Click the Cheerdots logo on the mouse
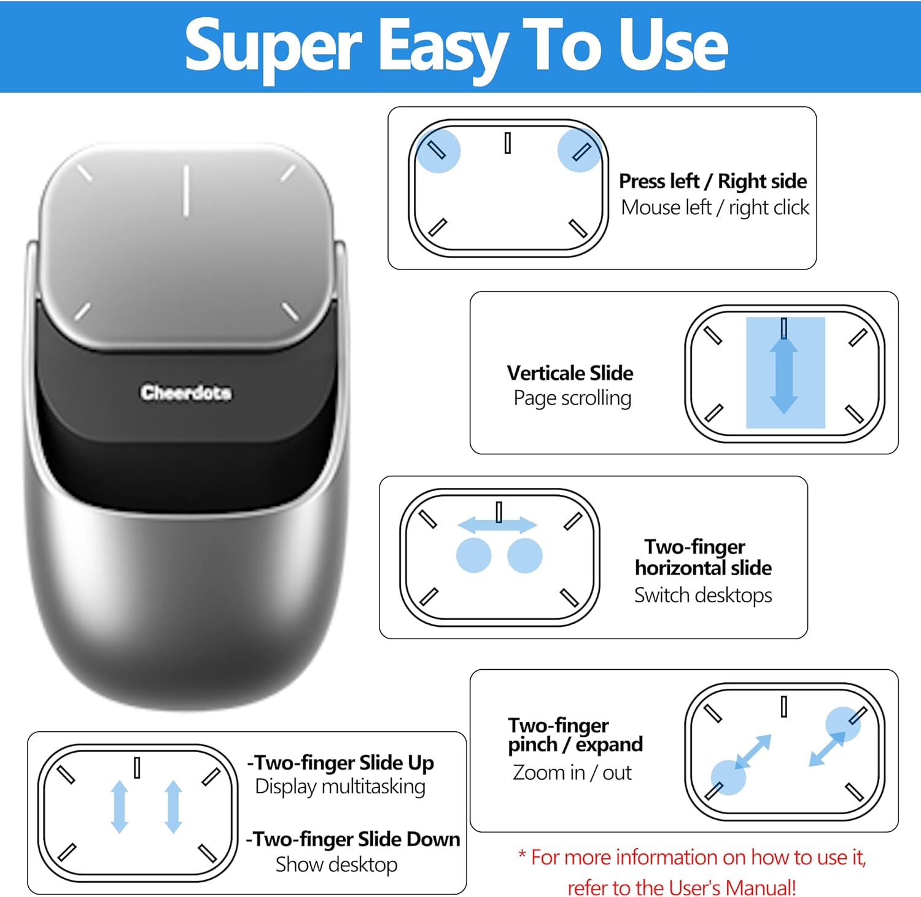point(185,392)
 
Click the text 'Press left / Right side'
point(712,181)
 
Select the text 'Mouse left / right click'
point(715,208)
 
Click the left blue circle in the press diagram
point(437,150)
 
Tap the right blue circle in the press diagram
point(579,150)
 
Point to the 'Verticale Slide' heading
point(570,373)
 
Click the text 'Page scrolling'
point(572,398)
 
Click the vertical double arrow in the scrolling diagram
point(784,375)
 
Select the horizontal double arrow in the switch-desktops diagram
point(497,525)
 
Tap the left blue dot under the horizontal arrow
point(473,556)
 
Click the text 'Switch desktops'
point(703,595)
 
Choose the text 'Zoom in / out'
point(572,772)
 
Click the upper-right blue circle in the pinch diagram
point(843,724)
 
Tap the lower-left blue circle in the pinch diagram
point(728,777)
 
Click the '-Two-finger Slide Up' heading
point(341,763)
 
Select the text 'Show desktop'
point(336,864)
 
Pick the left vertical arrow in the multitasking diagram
point(120,806)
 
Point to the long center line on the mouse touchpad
point(185,190)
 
